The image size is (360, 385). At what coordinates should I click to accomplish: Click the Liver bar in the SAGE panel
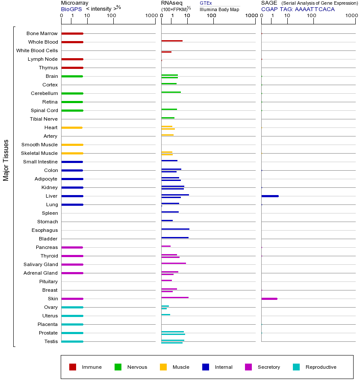[270, 196]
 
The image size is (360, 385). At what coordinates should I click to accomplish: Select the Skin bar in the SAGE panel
[269, 299]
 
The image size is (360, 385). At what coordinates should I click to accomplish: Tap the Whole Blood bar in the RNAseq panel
[172, 41]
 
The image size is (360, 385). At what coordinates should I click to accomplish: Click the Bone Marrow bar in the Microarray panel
[72, 33]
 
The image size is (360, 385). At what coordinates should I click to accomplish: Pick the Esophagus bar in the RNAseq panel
[175, 229]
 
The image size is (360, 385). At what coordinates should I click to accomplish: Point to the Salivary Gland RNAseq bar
[174, 264]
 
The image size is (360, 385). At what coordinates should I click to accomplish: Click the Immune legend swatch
[73, 367]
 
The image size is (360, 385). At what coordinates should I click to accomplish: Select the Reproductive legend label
[321, 367]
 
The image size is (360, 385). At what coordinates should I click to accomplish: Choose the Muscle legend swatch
[163, 367]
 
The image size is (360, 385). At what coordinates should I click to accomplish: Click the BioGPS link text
[71, 9]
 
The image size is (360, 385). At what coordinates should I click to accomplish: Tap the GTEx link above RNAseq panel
[206, 3]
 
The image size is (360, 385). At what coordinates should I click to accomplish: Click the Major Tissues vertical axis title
[6, 160]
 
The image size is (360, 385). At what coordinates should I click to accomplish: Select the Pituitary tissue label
[48, 281]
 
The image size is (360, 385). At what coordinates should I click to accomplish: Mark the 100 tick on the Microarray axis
[112, 16]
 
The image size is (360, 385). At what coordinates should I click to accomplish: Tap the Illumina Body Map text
[219, 9]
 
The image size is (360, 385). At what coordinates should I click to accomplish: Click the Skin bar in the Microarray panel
[72, 299]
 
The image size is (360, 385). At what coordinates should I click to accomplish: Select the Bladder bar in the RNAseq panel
[175, 237]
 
